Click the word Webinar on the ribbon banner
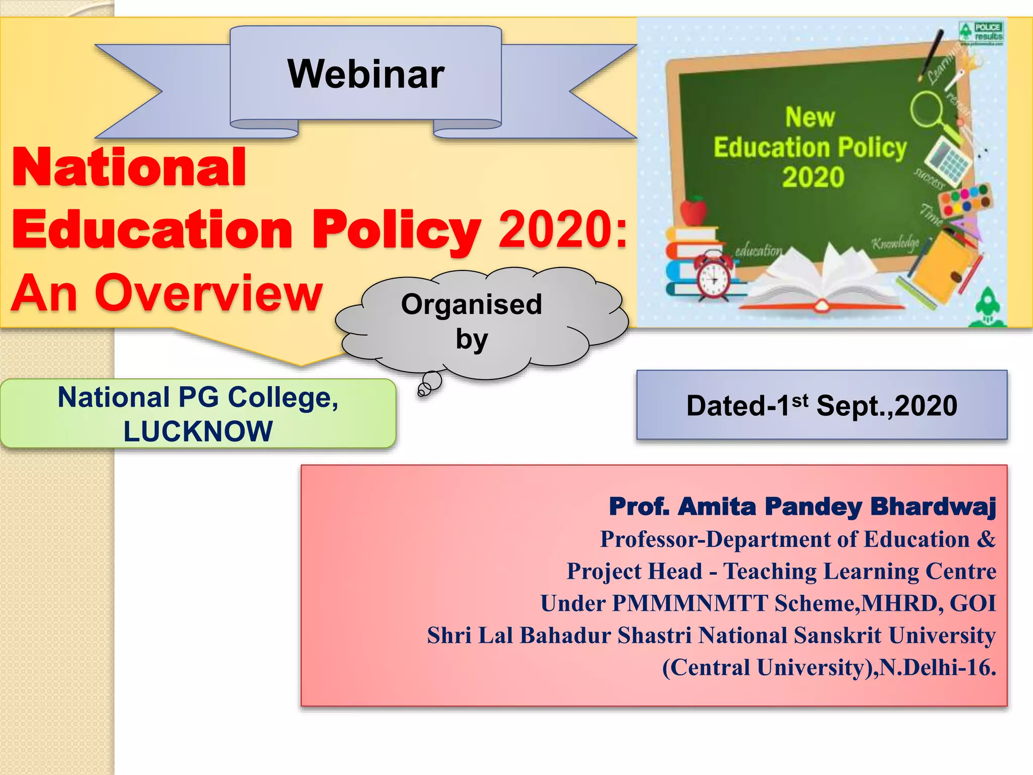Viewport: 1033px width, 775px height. coord(366,74)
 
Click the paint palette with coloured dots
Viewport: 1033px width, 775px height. coord(966,200)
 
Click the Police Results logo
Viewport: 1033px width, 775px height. coord(981,33)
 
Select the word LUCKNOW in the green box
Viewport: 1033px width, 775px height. coord(198,431)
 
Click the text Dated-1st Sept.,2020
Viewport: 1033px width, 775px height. coord(822,405)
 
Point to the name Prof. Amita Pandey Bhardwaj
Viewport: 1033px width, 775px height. coord(802,507)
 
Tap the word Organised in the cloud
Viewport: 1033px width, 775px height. coord(471,304)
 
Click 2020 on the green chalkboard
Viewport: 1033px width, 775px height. coord(813,177)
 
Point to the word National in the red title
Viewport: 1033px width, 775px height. coord(129,168)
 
